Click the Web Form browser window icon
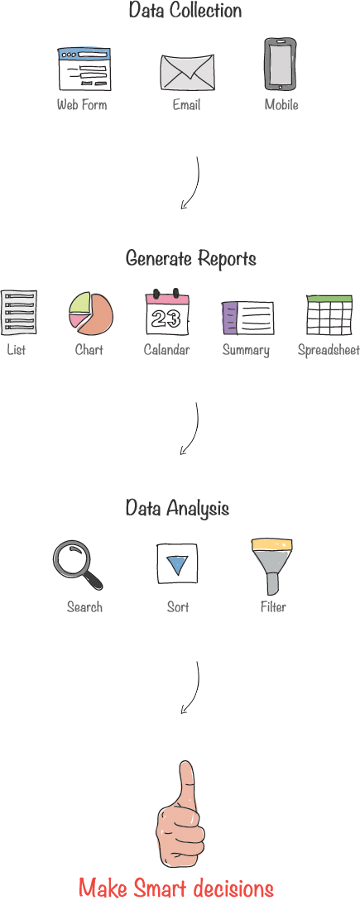84,69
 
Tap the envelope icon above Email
187,72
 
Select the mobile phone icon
281,64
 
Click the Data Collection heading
185,11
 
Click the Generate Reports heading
191,258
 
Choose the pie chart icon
91,314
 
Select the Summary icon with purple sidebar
247,318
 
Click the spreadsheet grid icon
329,314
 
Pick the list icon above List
18,312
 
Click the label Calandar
166,350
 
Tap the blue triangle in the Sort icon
176,565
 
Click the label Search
84,607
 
